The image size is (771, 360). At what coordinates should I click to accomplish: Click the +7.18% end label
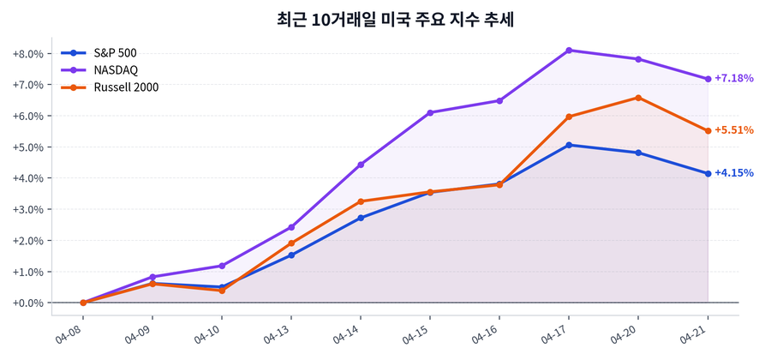733,78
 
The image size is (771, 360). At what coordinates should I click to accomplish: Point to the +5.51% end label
733,130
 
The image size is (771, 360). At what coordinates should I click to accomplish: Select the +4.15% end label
733,173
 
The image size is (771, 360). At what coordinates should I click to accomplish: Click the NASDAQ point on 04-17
569,51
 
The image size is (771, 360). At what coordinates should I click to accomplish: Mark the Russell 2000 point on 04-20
638,98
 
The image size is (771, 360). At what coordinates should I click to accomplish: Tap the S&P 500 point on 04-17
569,145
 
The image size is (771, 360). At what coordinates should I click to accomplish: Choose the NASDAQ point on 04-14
361,165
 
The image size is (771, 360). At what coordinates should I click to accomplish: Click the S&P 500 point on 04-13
291,255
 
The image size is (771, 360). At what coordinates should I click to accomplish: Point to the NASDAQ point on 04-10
222,266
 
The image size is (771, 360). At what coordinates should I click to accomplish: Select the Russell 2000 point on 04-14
361,201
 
